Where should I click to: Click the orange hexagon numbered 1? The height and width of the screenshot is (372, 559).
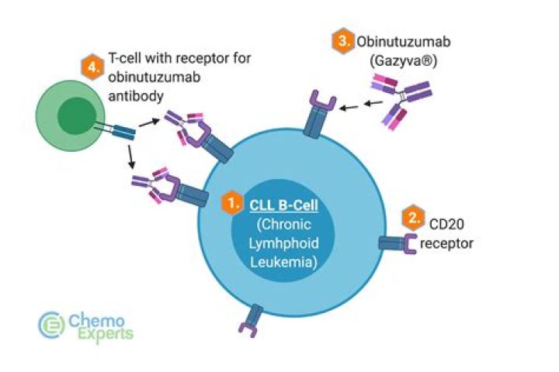pos(230,203)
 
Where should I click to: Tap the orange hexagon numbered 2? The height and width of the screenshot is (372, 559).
pos(411,218)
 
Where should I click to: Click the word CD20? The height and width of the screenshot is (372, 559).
pos(446,226)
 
